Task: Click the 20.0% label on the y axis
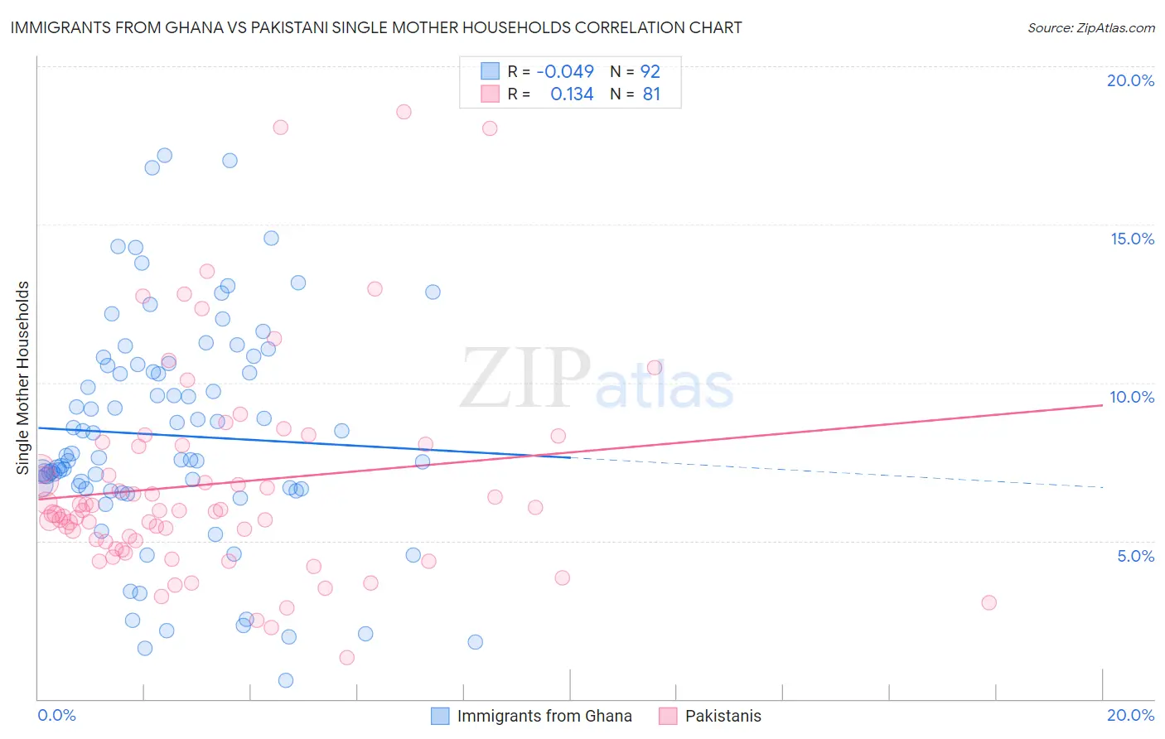tap(1130, 80)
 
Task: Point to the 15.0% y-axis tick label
tap(1132, 239)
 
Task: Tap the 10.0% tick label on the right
tap(1132, 397)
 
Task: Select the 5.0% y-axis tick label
tap(1135, 556)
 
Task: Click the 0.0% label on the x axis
tap(56, 715)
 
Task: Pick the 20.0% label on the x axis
tap(1130, 715)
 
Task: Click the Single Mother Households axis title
tap(22, 378)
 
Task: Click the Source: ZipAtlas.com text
tap(1090, 27)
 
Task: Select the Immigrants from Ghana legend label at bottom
tap(544, 716)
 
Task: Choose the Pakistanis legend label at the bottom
tap(723, 716)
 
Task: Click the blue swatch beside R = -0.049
tap(490, 71)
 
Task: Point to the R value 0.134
tap(572, 94)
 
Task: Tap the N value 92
tap(650, 71)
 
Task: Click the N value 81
tap(651, 94)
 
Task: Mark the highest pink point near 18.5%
tap(404, 112)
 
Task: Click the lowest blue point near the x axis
tap(286, 680)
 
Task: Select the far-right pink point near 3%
tap(989, 602)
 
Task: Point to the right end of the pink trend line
tap(1102, 405)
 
